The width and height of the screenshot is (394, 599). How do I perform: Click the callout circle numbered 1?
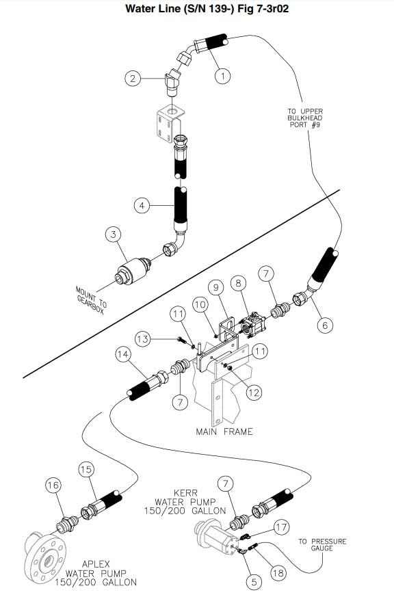[223, 77]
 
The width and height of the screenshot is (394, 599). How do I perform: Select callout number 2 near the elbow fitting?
[133, 79]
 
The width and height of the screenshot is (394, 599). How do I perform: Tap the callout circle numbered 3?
[113, 234]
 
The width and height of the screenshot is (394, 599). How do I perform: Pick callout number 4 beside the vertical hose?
[142, 206]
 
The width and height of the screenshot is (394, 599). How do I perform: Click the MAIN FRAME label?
[224, 431]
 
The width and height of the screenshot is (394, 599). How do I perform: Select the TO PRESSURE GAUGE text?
[322, 545]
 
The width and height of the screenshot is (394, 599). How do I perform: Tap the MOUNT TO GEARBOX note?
[92, 300]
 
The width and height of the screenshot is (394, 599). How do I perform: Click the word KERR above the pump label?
[186, 493]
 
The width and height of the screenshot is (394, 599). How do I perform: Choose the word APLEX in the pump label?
[96, 564]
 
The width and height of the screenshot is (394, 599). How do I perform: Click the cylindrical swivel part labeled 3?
[133, 271]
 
